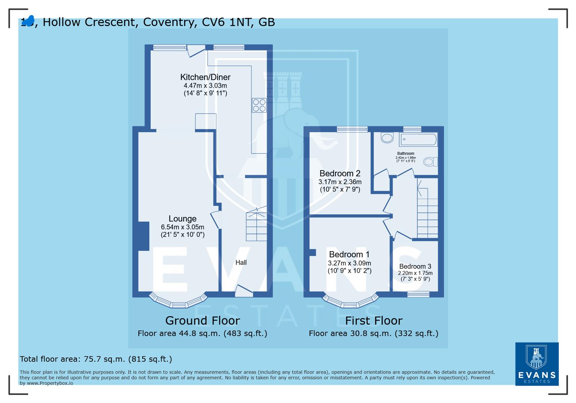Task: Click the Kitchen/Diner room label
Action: [205, 77]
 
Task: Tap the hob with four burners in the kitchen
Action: [259, 105]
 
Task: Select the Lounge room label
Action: [182, 219]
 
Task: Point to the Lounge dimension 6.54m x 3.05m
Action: [182, 227]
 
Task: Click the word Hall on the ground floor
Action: [241, 262]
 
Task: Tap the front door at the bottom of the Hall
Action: [244, 291]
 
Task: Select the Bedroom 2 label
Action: [340, 174]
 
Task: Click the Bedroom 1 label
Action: [349, 254]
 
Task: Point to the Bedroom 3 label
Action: [415, 266]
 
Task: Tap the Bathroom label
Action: [406, 153]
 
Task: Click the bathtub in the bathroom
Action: [418, 140]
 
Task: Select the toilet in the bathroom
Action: [430, 162]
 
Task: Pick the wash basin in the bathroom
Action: [387, 138]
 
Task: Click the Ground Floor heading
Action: [202, 321]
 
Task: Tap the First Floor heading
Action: [373, 321]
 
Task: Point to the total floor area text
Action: [96, 359]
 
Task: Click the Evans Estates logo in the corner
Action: [536, 364]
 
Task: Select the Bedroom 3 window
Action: [418, 294]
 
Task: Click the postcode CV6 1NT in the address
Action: [227, 22]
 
